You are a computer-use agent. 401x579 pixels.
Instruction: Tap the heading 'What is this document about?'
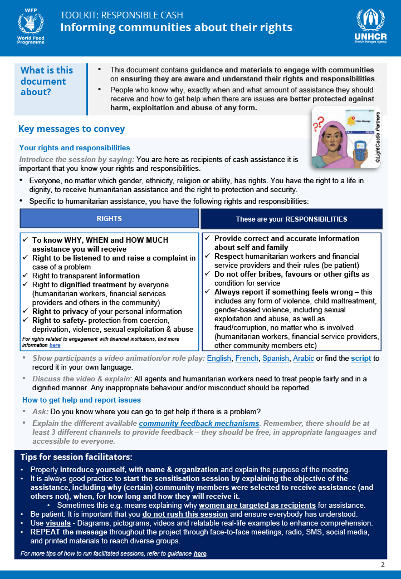pyautogui.click(x=47, y=81)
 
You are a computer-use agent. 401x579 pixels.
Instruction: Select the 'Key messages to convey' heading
pyautogui.click(x=72, y=129)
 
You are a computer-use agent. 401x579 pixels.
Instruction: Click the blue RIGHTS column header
pyautogui.click(x=109, y=219)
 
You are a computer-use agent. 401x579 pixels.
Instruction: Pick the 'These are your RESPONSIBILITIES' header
pyautogui.click(x=291, y=219)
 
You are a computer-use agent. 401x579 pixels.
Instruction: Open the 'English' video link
pyautogui.click(x=219, y=358)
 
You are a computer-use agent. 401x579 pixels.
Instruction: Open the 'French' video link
pyautogui.click(x=247, y=358)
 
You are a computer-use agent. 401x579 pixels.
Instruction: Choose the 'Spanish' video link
pyautogui.click(x=275, y=358)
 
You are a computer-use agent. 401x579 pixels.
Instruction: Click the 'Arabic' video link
pyautogui.click(x=304, y=358)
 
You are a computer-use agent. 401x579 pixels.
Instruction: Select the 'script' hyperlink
pyautogui.click(x=361, y=358)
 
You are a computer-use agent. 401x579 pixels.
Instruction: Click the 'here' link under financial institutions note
pyautogui.click(x=55, y=345)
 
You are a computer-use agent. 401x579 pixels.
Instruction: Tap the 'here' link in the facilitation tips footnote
pyautogui.click(x=200, y=553)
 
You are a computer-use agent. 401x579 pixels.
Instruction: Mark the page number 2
pyautogui.click(x=383, y=565)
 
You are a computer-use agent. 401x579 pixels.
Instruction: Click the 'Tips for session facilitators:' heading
pyautogui.click(x=76, y=457)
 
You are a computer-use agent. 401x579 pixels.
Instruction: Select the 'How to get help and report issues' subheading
pyautogui.click(x=81, y=400)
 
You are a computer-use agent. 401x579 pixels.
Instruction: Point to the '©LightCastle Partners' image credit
pyautogui.click(x=376, y=137)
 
